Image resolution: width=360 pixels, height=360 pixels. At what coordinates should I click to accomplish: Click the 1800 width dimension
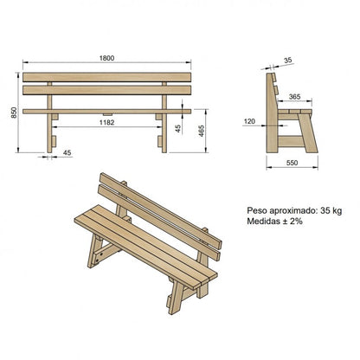pos(105,57)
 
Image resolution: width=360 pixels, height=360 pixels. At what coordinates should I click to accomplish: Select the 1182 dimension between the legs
pos(106,123)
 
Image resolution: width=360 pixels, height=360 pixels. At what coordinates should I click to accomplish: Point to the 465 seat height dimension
pos(201,130)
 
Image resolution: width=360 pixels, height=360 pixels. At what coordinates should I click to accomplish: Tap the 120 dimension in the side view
pos(249,122)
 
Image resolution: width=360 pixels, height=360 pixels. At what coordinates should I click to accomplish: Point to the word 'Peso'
pos(256,209)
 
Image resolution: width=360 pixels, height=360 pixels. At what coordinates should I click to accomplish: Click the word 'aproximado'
pos(289,209)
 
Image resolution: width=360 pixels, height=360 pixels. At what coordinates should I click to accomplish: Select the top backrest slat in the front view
pos(105,78)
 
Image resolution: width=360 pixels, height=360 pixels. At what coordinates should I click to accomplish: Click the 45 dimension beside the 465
pos(176,129)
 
